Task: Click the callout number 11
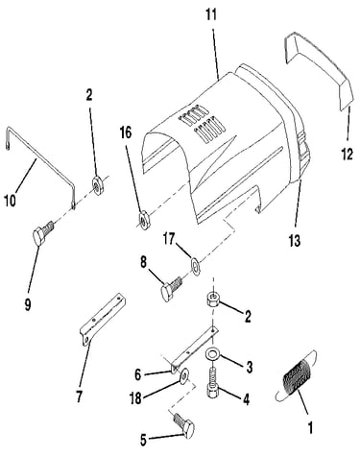[x=211, y=14]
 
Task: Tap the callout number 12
[x=347, y=155]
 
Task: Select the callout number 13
[x=295, y=241]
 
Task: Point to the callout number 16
[x=126, y=132]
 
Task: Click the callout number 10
[x=10, y=201]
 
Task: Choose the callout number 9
[x=28, y=304]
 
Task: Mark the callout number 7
[x=79, y=396]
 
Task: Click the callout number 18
[x=135, y=398]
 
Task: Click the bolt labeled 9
[x=43, y=232]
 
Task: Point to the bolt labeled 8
[x=171, y=288]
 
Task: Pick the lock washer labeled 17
[x=195, y=265]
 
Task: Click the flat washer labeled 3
[x=212, y=354]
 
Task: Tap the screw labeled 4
[x=213, y=383]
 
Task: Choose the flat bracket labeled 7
[x=102, y=319]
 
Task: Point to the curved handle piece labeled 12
[x=319, y=70]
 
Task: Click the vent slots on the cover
[x=202, y=124]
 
